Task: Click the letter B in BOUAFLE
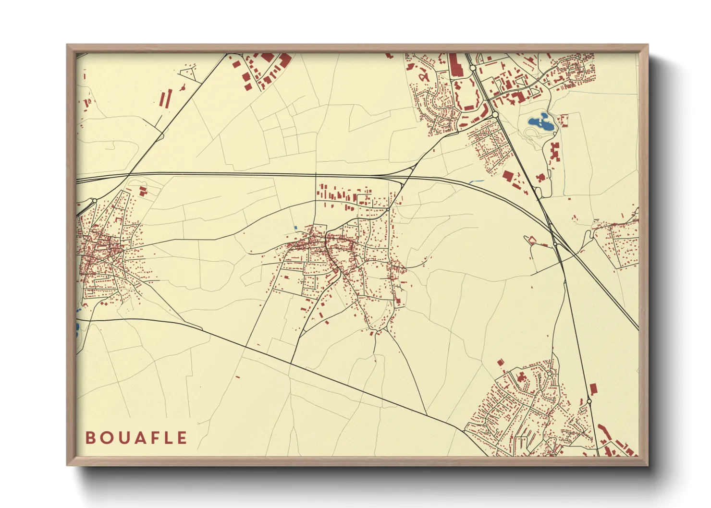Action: [90, 438]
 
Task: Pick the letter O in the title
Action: [105, 438]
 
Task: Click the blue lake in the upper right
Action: [541, 123]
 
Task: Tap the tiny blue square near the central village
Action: [295, 228]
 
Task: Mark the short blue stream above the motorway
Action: [477, 181]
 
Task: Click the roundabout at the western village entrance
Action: [95, 201]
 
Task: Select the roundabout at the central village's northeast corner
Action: [387, 209]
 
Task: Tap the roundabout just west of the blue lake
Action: [494, 114]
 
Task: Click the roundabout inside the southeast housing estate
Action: [549, 373]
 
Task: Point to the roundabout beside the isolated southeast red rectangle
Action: [589, 401]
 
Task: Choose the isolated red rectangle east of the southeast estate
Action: [593, 388]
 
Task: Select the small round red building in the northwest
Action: [183, 87]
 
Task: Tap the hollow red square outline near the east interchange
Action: [532, 240]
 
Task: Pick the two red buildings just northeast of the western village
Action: [143, 191]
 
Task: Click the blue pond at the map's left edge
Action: [77, 328]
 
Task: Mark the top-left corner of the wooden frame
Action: [67, 45]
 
